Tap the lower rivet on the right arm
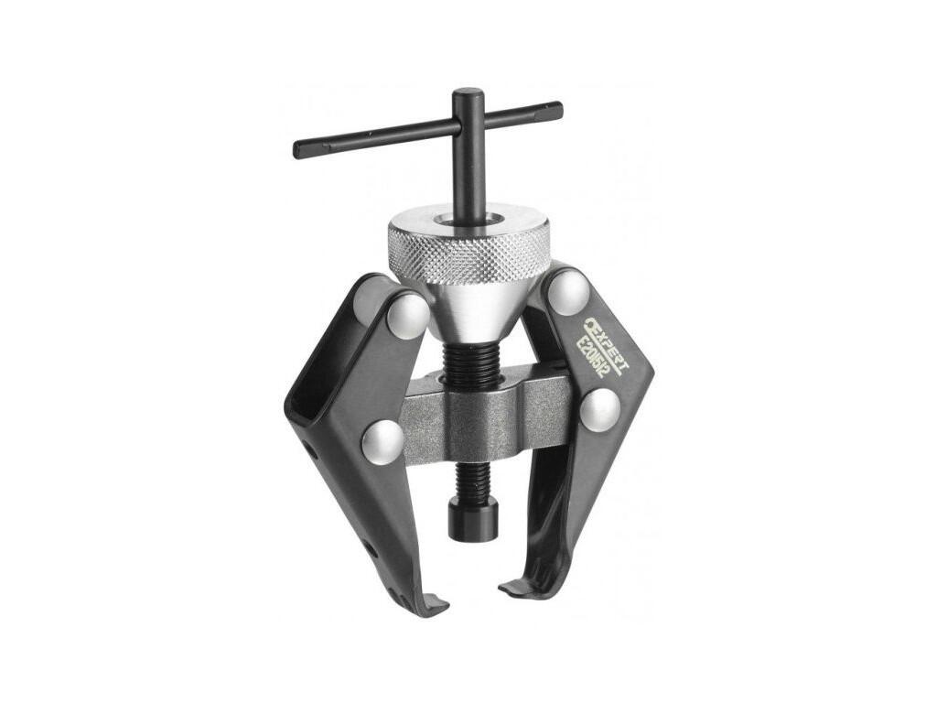pos(600,410)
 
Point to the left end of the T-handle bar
pos(297,149)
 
